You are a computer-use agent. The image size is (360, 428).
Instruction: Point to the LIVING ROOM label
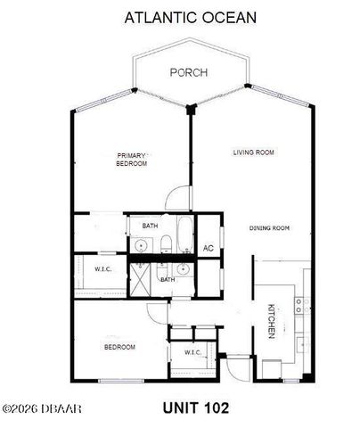point(253,152)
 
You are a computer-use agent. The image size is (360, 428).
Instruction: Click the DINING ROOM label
point(269,229)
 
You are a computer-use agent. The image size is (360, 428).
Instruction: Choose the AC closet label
point(209,248)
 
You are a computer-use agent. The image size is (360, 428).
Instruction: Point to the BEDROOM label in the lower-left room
point(119,347)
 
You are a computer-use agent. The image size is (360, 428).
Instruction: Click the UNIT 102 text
point(195,408)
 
